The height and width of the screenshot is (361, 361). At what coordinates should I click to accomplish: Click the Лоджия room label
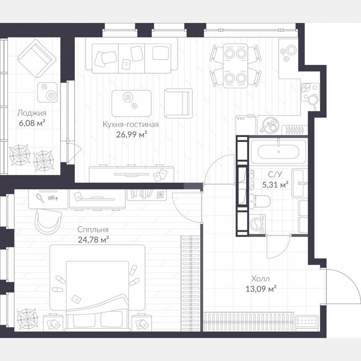[x=31, y=113]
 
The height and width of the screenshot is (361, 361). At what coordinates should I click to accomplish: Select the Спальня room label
[x=93, y=230]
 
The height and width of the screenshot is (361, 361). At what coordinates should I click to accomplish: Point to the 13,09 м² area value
[x=261, y=288]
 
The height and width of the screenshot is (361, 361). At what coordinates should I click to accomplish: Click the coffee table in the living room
[x=131, y=103]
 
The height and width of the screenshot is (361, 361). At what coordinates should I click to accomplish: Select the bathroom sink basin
[x=300, y=182]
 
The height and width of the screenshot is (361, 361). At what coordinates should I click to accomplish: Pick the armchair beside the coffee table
[x=178, y=103]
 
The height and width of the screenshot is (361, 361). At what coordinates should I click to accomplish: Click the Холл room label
[x=260, y=279]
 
